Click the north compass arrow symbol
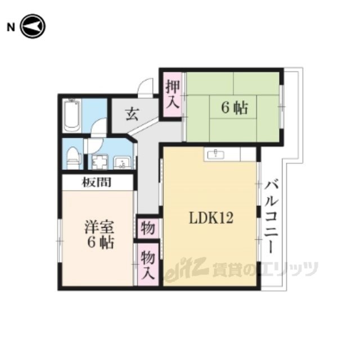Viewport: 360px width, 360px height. pyautogui.click(x=33, y=26)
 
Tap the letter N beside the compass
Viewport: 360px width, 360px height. pyautogui.click(x=11, y=28)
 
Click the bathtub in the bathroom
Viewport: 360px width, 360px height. pyautogui.click(x=72, y=116)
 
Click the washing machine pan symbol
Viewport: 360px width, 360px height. pyautogui.click(x=100, y=162)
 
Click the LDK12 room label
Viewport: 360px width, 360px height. pyautogui.click(x=211, y=218)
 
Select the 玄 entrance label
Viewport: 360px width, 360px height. pyautogui.click(x=133, y=114)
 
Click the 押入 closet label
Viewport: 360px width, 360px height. pyautogui.click(x=173, y=94)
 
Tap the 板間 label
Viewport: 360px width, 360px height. pyautogui.click(x=97, y=182)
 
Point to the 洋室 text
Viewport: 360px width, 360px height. pyautogui.click(x=99, y=227)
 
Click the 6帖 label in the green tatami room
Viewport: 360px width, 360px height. pyautogui.click(x=235, y=108)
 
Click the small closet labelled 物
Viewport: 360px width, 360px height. pyautogui.click(x=148, y=228)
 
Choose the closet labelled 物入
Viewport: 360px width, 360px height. pyautogui.click(x=148, y=264)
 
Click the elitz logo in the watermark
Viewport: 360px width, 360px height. pyautogui.click(x=187, y=269)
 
